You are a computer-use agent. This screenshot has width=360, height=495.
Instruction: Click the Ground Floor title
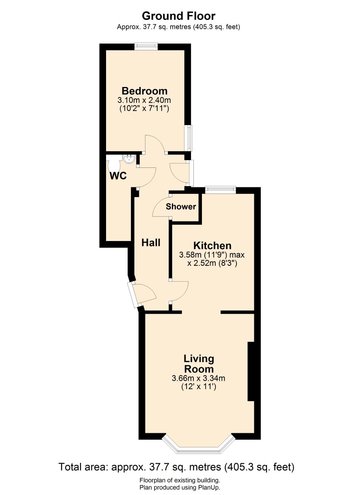coord(178,16)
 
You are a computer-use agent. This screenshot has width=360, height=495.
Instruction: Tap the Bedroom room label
coord(145,91)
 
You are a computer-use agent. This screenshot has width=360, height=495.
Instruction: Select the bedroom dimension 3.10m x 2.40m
coord(144,100)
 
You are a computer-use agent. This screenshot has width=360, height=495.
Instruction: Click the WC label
coord(118,176)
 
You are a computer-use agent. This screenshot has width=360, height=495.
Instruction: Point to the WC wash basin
coord(129,159)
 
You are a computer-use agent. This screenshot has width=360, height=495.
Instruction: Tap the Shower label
coord(181,206)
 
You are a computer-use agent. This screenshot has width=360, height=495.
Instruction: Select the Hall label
coord(151,243)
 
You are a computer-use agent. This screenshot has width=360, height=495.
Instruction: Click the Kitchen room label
coord(212,245)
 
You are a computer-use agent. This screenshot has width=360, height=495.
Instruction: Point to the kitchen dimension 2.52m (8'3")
coord(212,263)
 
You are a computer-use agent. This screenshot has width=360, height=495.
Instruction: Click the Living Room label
coord(199,363)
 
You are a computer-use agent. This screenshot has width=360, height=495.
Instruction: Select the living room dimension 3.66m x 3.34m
coord(198,378)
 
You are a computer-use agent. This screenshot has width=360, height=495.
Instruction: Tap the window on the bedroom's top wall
coord(147,46)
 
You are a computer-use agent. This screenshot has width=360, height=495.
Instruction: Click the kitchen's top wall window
coord(220,190)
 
